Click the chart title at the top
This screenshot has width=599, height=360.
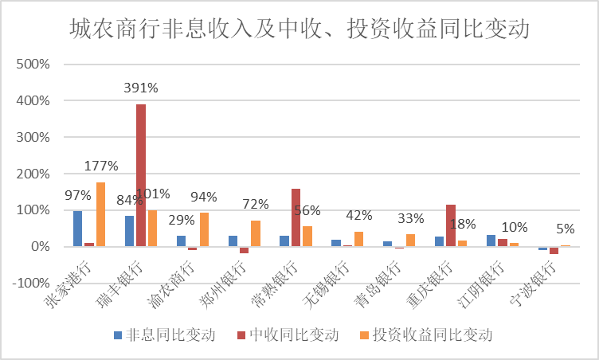point(299,30)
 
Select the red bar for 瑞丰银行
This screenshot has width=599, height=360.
point(141,175)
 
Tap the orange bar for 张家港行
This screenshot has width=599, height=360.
point(100,214)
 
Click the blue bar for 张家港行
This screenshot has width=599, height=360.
point(78,229)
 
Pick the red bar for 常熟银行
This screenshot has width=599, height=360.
point(296,217)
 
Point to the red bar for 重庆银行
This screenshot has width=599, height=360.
point(450,225)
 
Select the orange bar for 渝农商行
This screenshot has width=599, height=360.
point(204,229)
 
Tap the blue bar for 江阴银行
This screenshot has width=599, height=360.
point(491,241)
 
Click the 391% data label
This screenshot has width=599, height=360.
point(140,88)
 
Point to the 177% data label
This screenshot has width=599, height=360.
point(100,166)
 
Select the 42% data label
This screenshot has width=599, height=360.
point(359,215)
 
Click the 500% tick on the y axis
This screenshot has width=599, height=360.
point(34,65)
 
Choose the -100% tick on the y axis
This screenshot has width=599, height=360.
point(31,283)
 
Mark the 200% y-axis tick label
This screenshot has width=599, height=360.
point(34,174)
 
